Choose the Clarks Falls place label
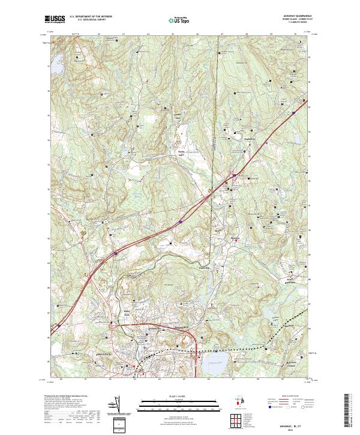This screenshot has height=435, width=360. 181,153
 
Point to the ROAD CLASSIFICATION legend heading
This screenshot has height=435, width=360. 288,397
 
